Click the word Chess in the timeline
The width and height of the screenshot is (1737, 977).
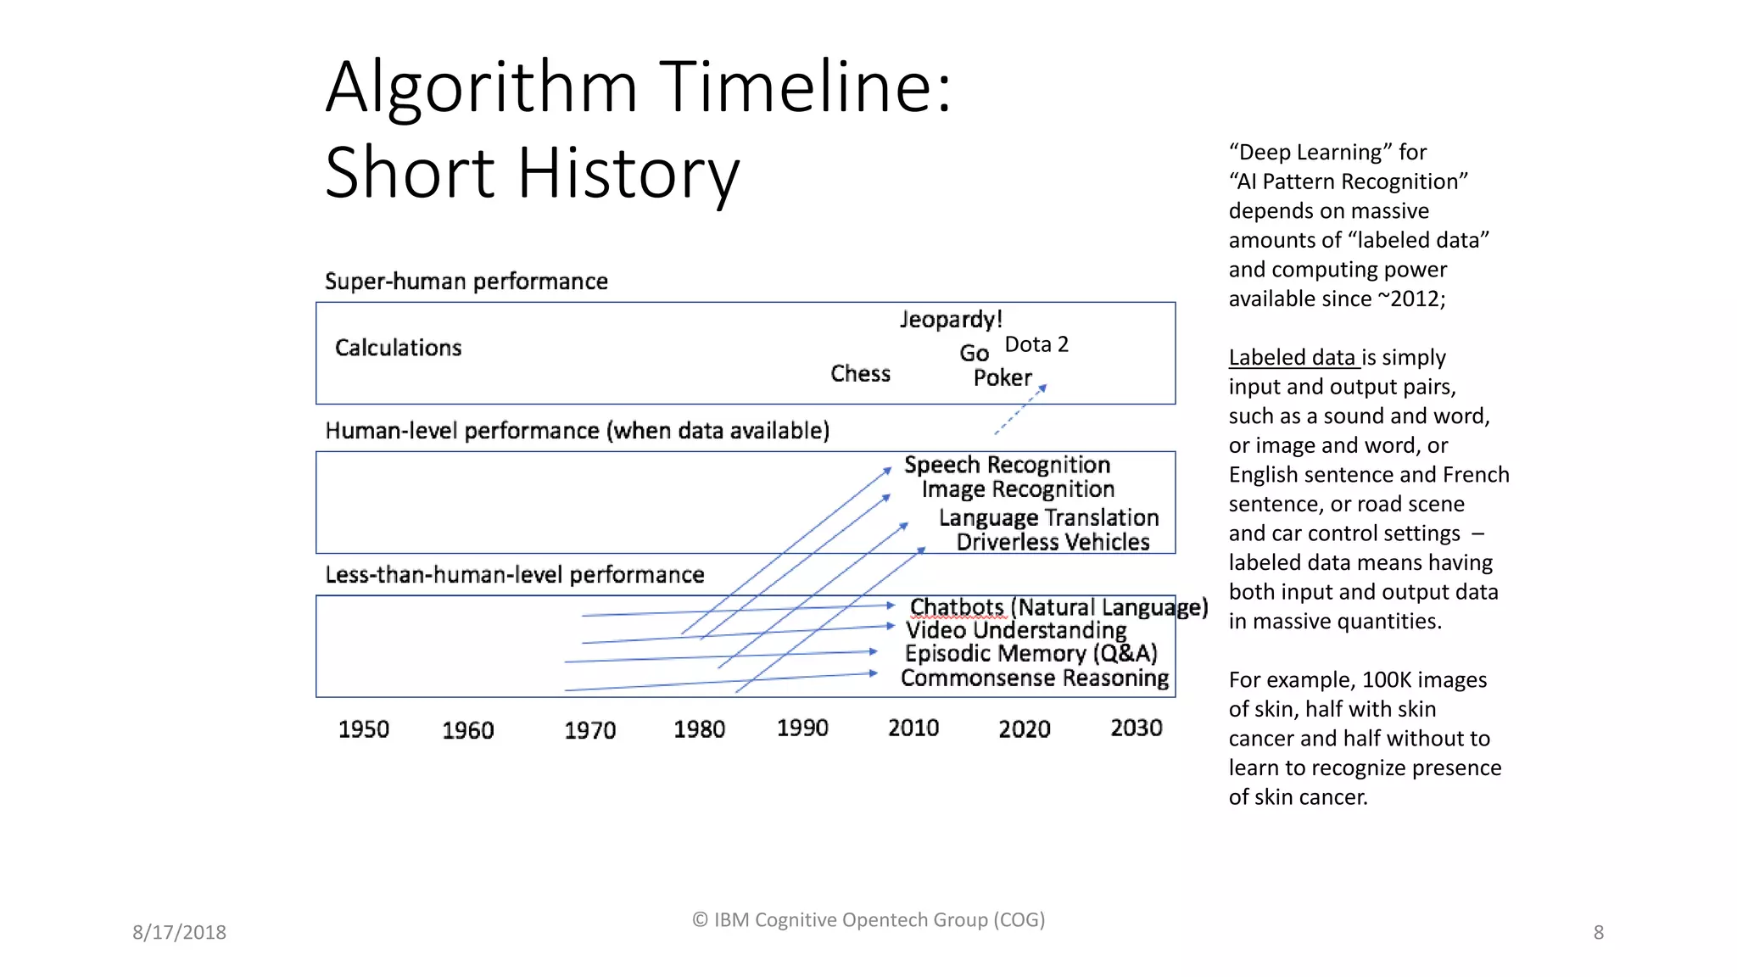860,374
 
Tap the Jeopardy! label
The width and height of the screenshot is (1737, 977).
951,320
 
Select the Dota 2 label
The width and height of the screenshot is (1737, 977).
1036,344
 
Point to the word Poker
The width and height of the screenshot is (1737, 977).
1003,378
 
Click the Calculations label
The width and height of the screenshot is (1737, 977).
398,348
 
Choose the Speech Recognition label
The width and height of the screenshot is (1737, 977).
1007,465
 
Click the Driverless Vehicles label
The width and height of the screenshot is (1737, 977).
1053,542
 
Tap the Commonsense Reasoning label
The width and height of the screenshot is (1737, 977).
1034,678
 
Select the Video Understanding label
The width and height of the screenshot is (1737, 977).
1016,630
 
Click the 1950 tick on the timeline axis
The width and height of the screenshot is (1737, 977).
364,729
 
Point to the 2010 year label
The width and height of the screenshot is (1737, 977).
913,728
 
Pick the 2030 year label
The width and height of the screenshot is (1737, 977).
1137,728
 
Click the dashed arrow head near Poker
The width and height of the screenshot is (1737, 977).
1043,388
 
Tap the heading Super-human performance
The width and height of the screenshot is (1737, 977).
466,282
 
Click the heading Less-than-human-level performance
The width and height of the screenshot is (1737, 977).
514,575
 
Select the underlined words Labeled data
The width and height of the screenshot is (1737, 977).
1293,358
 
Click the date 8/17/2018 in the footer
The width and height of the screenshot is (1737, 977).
179,932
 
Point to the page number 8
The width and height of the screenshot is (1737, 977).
1598,932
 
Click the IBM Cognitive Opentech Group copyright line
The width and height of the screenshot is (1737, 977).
868,919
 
